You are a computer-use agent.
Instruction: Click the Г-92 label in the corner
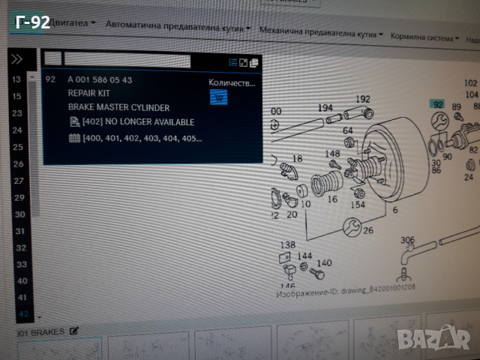[32, 22]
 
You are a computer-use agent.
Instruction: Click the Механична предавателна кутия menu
[319, 31]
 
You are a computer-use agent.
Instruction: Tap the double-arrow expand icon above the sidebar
[16, 59]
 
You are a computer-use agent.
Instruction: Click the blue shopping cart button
[218, 97]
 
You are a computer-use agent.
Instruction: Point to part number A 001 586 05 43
[100, 79]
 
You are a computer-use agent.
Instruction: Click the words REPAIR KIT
[88, 93]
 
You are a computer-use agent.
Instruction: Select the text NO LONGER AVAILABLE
[149, 121]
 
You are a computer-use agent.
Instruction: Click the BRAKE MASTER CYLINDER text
[118, 107]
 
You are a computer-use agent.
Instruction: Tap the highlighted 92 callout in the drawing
[437, 104]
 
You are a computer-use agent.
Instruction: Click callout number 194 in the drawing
[324, 108]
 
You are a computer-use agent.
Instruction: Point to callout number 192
[362, 99]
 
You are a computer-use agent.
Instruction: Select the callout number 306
[406, 240]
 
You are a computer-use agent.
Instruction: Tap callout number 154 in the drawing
[358, 205]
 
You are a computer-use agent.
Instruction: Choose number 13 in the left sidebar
[16, 79]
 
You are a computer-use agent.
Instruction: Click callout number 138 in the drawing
[288, 244]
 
